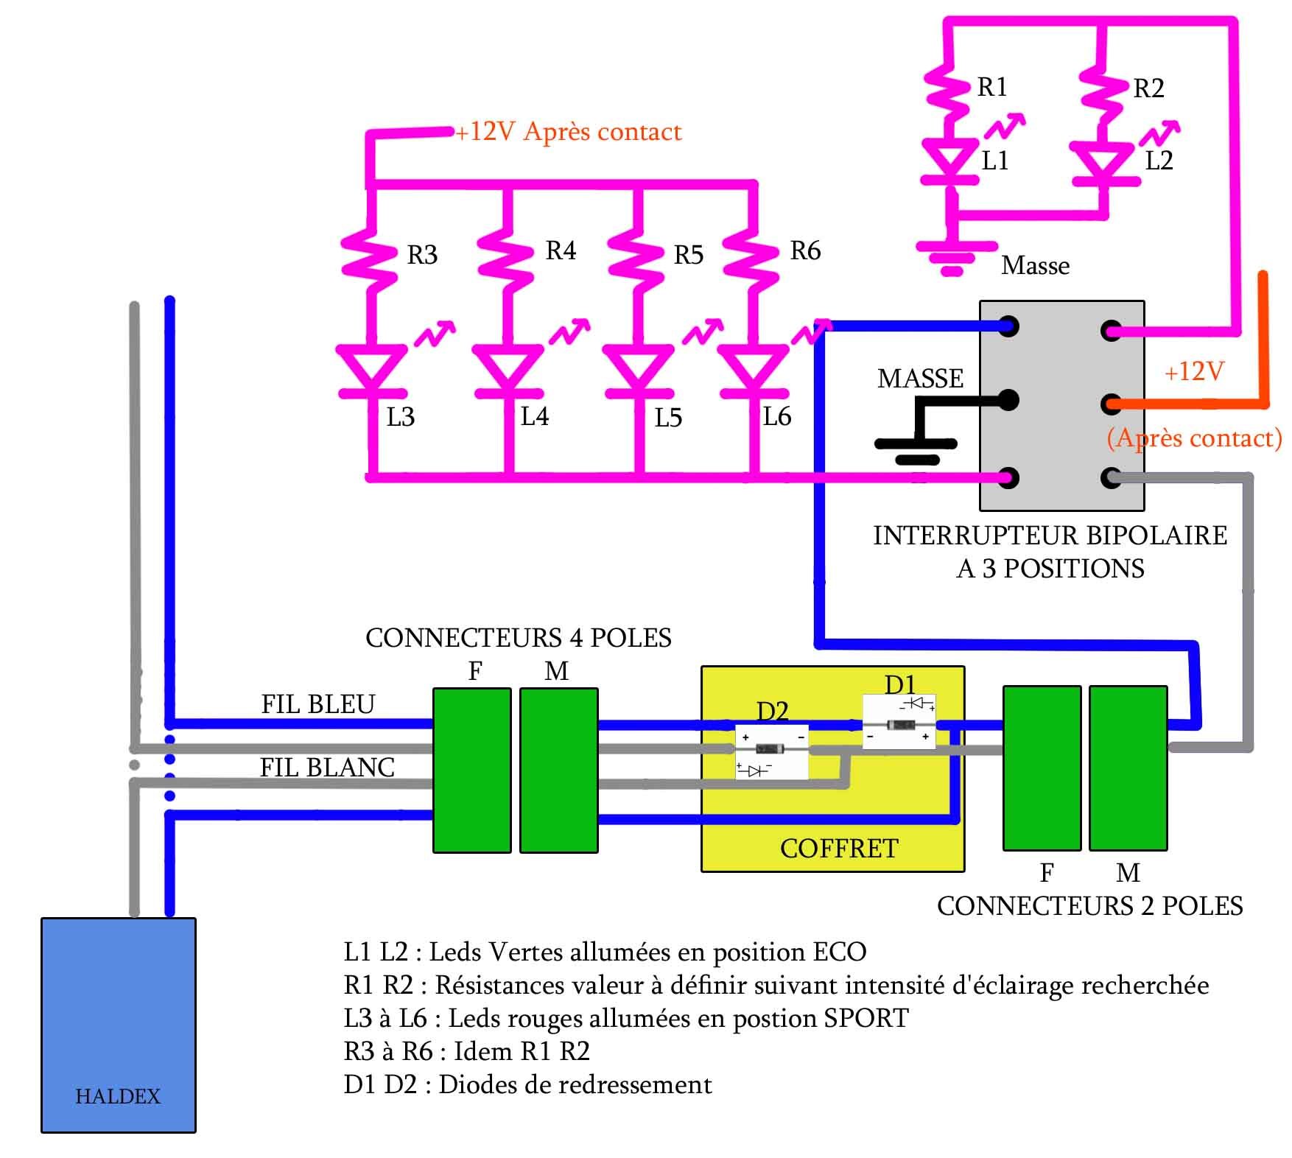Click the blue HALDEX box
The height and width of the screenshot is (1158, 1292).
[x=119, y=1024]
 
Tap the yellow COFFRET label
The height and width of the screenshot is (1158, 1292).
[x=839, y=849]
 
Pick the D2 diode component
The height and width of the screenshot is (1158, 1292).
[x=771, y=750]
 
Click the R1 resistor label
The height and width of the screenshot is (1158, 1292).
[x=991, y=88]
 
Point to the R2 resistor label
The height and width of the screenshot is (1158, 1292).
[x=1148, y=89]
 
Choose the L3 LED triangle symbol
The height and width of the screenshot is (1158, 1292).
[x=371, y=368]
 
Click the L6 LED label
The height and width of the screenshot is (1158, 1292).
[x=776, y=417]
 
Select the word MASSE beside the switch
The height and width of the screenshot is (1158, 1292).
[x=920, y=379]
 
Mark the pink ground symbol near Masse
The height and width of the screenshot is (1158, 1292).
[x=952, y=256]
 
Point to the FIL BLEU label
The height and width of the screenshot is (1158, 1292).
[x=318, y=704]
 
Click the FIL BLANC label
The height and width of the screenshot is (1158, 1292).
[x=327, y=768]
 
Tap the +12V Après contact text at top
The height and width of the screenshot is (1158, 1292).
[x=568, y=132]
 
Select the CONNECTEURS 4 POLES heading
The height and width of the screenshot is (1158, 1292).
[x=518, y=638]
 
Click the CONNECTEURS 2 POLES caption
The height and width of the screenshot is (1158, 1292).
[x=1089, y=906]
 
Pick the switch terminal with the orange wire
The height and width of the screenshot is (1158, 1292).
[x=1112, y=404]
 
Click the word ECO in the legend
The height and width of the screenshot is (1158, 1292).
[x=839, y=952]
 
